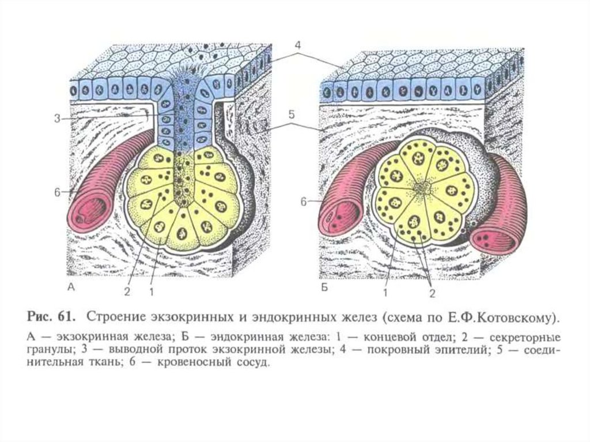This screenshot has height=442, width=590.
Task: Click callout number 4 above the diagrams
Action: tap(297, 44)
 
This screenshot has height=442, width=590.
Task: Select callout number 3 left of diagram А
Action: tap(57, 119)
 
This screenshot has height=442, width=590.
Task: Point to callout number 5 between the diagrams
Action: tap(292, 115)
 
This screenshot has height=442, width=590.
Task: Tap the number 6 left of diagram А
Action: tap(57, 192)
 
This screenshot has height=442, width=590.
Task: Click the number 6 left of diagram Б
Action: tap(303, 201)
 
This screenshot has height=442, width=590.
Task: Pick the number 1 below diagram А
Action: tap(152, 291)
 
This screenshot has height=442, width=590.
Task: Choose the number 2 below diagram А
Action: tap(127, 291)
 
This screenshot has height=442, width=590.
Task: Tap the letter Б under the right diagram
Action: tap(324, 287)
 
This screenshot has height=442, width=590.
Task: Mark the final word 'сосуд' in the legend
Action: tap(254, 364)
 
